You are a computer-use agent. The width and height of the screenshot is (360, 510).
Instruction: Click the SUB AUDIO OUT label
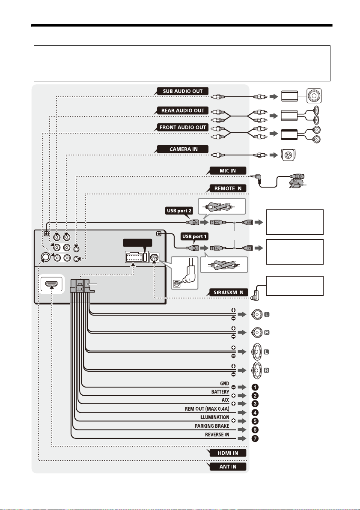[183, 91]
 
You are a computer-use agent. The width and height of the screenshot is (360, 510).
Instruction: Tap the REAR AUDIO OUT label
[183, 110]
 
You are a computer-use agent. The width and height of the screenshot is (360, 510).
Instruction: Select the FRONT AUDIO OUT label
[183, 128]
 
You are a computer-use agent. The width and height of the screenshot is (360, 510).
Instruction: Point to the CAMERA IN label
[183, 149]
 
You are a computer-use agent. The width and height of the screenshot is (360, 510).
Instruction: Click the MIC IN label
[228, 171]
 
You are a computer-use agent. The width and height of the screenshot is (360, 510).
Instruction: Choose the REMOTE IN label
[228, 188]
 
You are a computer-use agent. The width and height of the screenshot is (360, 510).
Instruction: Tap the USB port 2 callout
[179, 211]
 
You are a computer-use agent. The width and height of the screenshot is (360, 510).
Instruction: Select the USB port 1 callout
[194, 236]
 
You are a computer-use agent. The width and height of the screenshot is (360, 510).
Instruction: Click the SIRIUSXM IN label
[228, 292]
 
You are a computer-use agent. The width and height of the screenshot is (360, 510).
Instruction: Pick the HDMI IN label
[228, 453]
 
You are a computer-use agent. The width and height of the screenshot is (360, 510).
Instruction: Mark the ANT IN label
[228, 467]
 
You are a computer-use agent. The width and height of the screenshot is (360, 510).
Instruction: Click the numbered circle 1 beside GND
[255, 387]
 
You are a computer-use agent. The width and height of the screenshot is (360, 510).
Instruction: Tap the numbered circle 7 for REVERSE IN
[255, 438]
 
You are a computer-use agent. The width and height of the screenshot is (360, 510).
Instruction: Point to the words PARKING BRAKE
[212, 426]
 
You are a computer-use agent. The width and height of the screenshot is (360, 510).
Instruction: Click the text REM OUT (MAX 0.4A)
[207, 409]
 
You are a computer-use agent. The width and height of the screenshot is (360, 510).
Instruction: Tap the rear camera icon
[288, 155]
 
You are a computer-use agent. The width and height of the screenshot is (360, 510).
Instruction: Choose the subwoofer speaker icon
[314, 96]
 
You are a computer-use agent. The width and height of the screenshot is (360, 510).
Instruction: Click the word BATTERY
[220, 392]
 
